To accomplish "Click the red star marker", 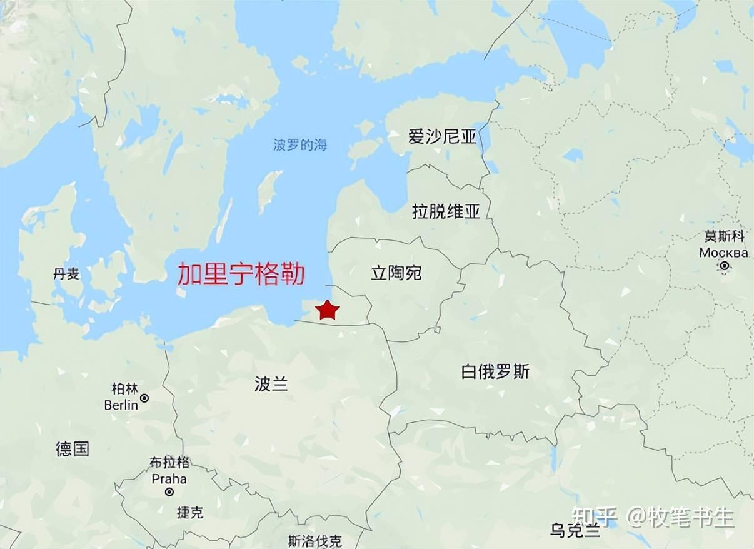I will pyautogui.click(x=327, y=310).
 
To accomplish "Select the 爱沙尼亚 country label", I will pyautogui.click(x=442, y=137).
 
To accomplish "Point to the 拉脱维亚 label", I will pyautogui.click(x=446, y=211).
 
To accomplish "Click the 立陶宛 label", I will pyautogui.click(x=396, y=273).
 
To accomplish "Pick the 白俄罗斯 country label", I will pyautogui.click(x=495, y=372).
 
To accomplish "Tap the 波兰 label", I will pyautogui.click(x=271, y=384).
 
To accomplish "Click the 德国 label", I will pyautogui.click(x=73, y=448).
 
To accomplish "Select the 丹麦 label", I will pyautogui.click(x=66, y=274).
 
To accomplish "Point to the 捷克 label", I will pyautogui.click(x=189, y=513).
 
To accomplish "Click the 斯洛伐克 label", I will pyautogui.click(x=315, y=541).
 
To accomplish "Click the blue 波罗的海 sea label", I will pyautogui.click(x=300, y=146).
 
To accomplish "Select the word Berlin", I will pyautogui.click(x=121, y=405).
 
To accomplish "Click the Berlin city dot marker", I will pyautogui.click(x=144, y=398).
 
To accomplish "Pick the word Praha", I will pyautogui.click(x=169, y=479).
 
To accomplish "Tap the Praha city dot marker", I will pyautogui.click(x=169, y=492).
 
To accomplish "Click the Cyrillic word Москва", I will pyautogui.click(x=723, y=253).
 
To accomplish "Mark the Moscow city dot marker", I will pyautogui.click(x=724, y=266).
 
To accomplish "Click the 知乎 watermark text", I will pyautogui.click(x=594, y=517).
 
